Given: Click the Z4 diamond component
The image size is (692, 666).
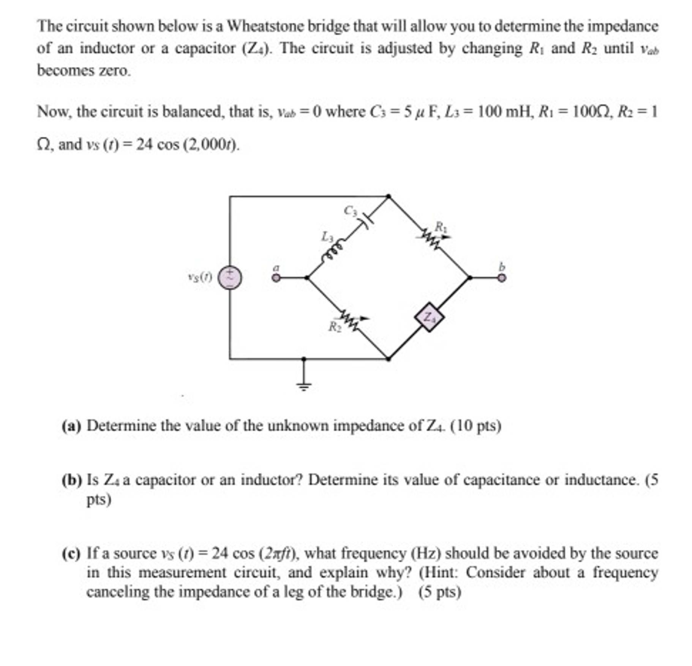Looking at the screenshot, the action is [x=429, y=317].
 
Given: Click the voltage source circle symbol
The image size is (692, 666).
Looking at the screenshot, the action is [x=229, y=277].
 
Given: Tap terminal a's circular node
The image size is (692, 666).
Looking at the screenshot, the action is [x=276, y=278].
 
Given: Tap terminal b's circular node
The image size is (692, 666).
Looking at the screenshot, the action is [x=501, y=278].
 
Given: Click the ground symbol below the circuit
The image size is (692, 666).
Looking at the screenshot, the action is [x=303, y=385].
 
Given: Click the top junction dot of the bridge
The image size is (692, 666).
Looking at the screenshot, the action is [x=388, y=196].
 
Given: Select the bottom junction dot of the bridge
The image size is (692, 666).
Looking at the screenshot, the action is [x=388, y=358].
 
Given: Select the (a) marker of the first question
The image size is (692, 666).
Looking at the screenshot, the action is [x=71, y=426].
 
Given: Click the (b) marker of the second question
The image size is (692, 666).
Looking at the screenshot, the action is [x=71, y=480].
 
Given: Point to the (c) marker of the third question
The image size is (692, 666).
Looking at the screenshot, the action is [x=71, y=553].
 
